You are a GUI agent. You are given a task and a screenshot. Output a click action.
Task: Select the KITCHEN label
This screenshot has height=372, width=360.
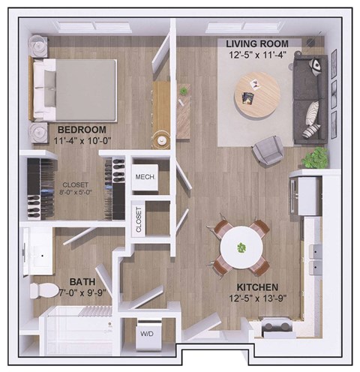[x=257, y=287]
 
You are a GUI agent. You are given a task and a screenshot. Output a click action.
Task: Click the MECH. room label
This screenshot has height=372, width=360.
[x=145, y=177]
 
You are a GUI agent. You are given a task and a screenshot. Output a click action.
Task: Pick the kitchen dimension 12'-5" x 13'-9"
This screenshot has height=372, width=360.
[x=257, y=298]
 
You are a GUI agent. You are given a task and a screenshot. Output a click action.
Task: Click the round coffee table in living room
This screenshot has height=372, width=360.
[x=256, y=93]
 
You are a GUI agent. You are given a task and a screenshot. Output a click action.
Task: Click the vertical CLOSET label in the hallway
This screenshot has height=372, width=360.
[x=138, y=220]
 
